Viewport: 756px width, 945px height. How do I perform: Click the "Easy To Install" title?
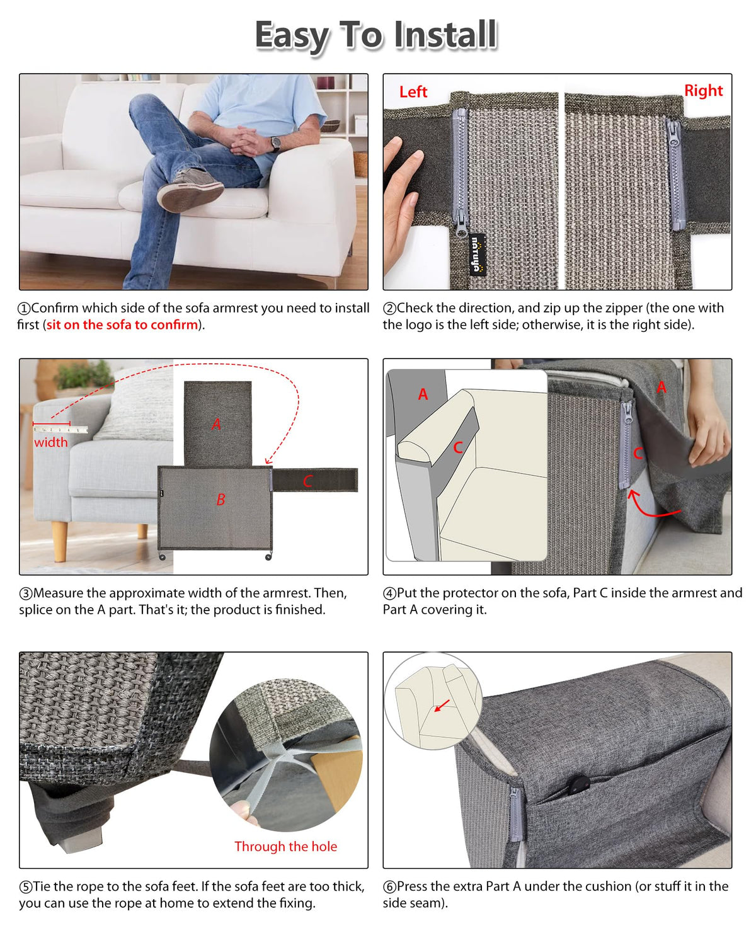pyautogui.click(x=376, y=36)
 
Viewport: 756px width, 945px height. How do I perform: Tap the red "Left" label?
pyautogui.click(x=413, y=92)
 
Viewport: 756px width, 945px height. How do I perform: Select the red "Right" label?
pyautogui.click(x=703, y=91)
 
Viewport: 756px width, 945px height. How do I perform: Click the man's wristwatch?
pyautogui.click(x=275, y=144)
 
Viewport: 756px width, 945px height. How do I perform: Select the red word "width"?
pyautogui.click(x=51, y=442)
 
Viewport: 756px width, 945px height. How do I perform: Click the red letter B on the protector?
pyautogui.click(x=221, y=500)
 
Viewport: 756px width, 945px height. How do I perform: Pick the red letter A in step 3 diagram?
pyautogui.click(x=216, y=424)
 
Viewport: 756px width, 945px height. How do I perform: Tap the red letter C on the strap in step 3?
pyautogui.click(x=307, y=481)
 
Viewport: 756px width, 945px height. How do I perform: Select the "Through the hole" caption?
pyautogui.click(x=285, y=845)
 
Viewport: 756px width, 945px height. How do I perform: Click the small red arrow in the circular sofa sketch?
pyautogui.click(x=442, y=706)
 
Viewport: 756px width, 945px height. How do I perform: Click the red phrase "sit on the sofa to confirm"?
pyautogui.click(x=122, y=324)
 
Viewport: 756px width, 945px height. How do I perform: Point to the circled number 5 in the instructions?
pyautogui.click(x=25, y=886)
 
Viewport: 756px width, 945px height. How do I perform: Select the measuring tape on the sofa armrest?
pyautogui.click(x=60, y=428)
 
